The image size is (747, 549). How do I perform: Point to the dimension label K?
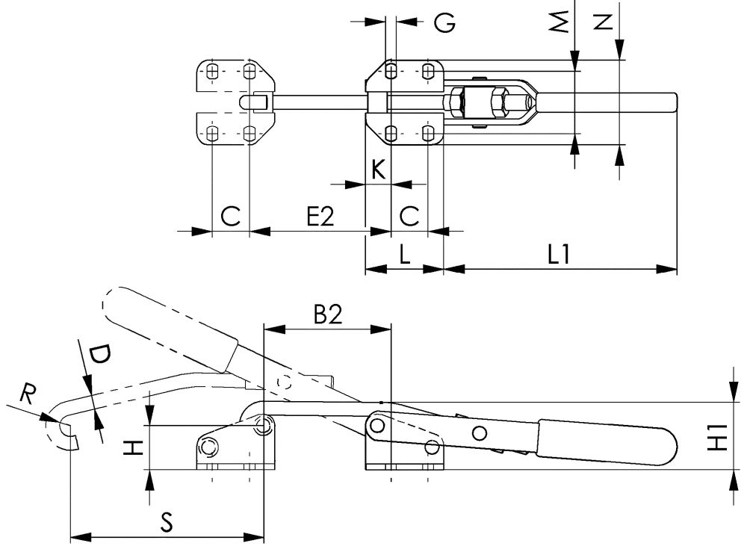pyautogui.click(x=379, y=170)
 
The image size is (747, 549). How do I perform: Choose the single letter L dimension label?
pyautogui.click(x=403, y=255)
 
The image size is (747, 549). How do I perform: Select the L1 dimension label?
pyautogui.click(x=559, y=255)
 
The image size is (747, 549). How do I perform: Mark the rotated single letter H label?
pyautogui.click(x=132, y=447)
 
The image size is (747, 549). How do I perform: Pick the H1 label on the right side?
pyautogui.click(x=716, y=437)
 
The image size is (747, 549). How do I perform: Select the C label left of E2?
pyautogui.click(x=231, y=216)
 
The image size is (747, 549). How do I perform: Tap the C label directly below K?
pyautogui.click(x=409, y=216)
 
